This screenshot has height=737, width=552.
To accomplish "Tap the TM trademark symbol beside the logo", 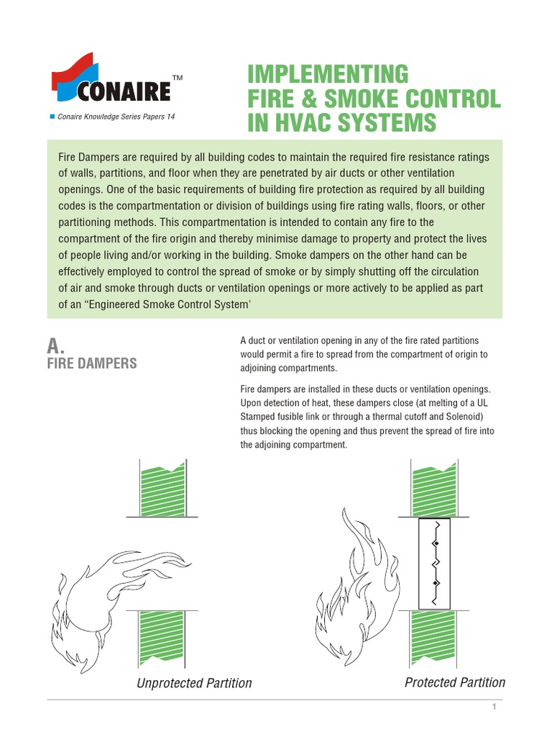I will tap(178, 78).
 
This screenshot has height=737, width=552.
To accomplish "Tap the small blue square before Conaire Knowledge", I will tap(52, 117).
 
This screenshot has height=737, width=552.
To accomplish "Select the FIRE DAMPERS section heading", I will tap(91, 363).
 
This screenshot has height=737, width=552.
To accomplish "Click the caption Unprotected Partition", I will tap(194, 683).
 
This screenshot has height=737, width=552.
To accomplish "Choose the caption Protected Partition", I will tap(455, 682).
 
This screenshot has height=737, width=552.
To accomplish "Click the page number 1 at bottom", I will tap(494, 708).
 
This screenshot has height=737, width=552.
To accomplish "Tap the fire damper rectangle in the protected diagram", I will tap(434, 564).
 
